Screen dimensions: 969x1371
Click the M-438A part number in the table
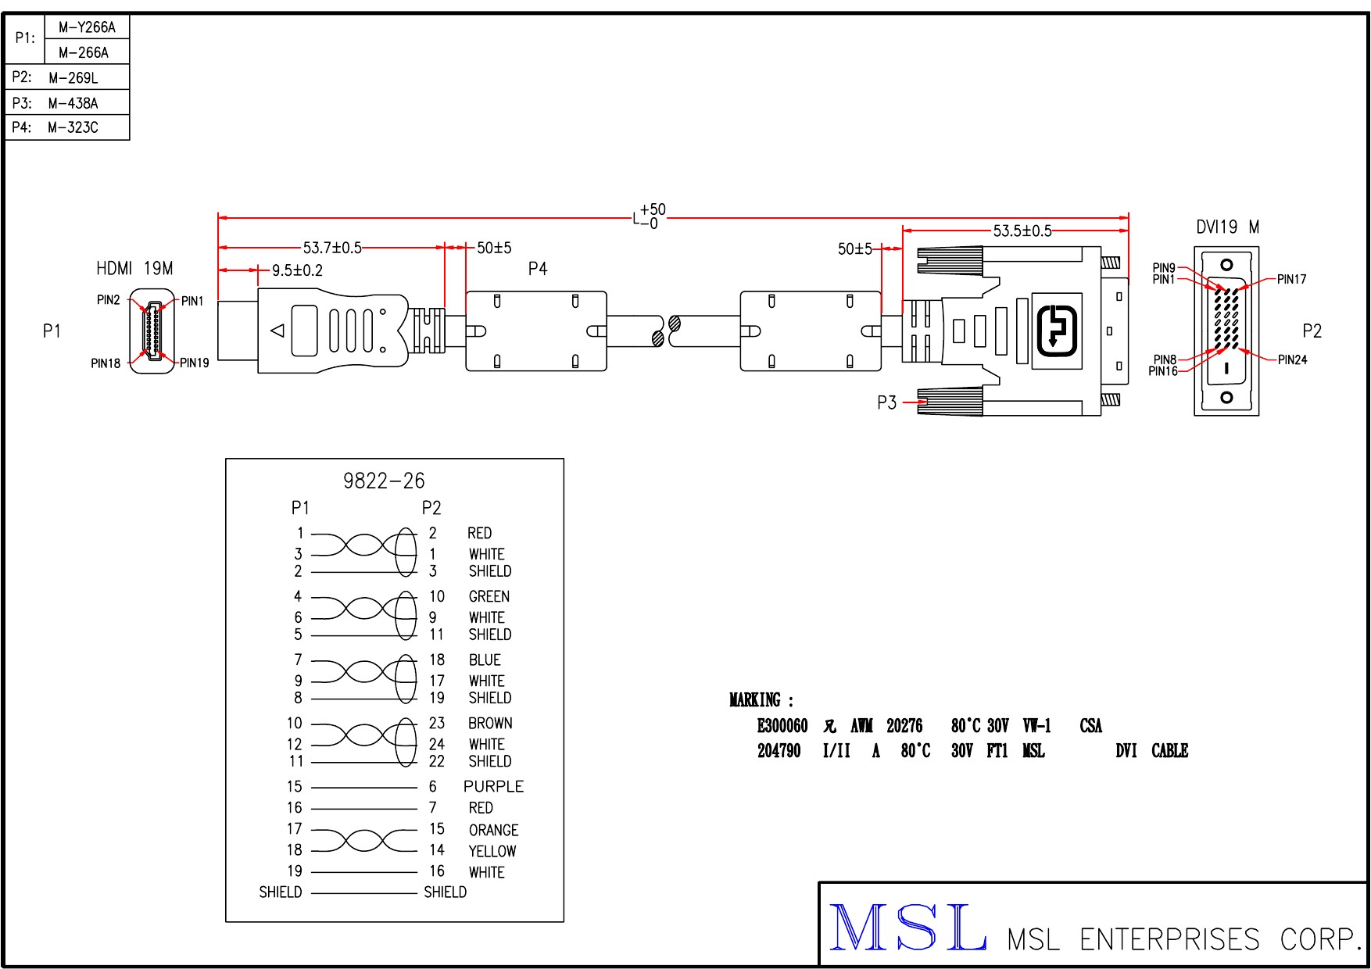coord(73,103)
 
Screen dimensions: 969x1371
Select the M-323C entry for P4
coord(73,127)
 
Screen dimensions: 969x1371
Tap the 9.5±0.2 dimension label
coord(297,270)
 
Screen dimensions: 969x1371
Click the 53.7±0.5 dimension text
coord(332,248)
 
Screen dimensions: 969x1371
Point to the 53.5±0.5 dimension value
coord(1022,231)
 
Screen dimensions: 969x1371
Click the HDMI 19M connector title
coord(134,269)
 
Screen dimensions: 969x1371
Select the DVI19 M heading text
coord(1227,227)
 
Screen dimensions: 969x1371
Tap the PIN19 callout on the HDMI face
coord(195,363)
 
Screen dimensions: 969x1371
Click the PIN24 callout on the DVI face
coord(1292,360)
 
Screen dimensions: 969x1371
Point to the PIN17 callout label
coord(1291,279)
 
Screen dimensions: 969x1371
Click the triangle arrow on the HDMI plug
coord(277,331)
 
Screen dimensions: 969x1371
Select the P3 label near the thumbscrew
coord(886,402)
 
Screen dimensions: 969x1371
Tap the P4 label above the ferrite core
coord(538,269)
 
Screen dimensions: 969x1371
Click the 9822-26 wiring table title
coord(384,481)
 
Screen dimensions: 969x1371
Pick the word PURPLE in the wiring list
coord(493,786)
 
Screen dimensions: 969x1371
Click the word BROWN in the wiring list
coord(490,723)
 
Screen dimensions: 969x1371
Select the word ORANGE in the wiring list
coord(493,830)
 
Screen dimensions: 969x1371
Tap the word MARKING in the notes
coord(755,699)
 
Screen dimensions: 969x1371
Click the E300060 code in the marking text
coord(782,726)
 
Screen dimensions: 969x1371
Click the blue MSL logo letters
coord(907,928)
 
